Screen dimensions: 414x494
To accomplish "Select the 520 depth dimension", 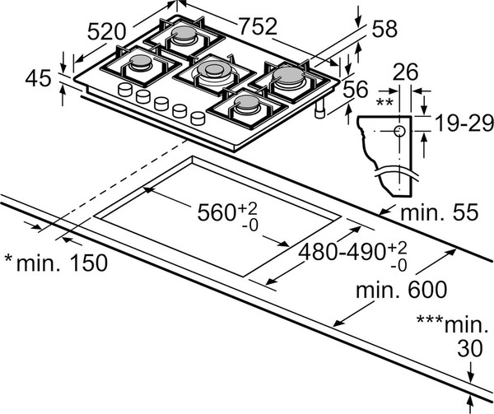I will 106,33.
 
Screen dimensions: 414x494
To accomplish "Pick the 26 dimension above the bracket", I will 403,73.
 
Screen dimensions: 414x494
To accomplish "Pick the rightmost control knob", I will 198,117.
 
